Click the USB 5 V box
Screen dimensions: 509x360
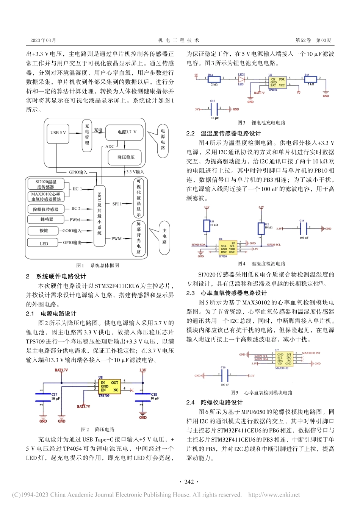pos(58,133)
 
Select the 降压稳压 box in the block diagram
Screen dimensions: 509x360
pos(126,157)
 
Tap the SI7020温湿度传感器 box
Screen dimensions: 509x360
pos(45,184)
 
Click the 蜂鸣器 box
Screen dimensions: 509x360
pos(47,220)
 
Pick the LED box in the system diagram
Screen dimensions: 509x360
pos(44,244)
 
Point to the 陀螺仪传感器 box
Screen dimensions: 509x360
pos(46,209)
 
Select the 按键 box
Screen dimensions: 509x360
pos(44,231)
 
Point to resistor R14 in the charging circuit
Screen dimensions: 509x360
pos(214,79)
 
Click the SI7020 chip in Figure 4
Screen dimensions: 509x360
pos(228,248)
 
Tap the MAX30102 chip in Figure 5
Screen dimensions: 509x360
pos(284,359)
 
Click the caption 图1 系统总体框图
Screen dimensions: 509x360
pos(97,265)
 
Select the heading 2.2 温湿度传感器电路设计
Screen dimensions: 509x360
pos(223,133)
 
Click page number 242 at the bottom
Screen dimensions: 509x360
pos(189,482)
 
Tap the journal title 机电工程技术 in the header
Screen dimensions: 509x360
pos(178,40)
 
